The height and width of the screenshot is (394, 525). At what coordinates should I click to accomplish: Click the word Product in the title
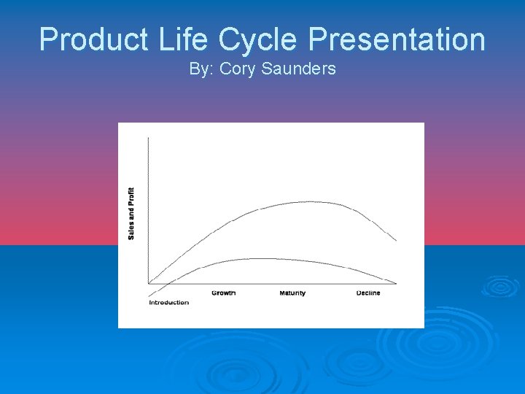coord(86,39)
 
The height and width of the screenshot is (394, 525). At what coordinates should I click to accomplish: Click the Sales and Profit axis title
coord(131,213)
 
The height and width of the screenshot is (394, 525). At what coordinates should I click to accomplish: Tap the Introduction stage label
coord(168,302)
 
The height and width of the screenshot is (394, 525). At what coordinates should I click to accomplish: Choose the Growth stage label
coord(223,293)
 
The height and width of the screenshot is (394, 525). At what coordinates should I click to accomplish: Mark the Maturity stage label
coord(292,293)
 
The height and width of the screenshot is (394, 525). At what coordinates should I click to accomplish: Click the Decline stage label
coord(368,293)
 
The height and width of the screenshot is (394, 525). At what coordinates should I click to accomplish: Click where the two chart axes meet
coord(148,283)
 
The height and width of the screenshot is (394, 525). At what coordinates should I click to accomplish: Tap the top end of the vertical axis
coord(148,136)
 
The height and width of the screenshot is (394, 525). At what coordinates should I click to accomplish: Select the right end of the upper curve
coord(397,240)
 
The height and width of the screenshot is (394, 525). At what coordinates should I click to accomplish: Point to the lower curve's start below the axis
coord(149,295)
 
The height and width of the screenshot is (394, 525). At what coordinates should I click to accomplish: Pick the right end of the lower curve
coord(397,283)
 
